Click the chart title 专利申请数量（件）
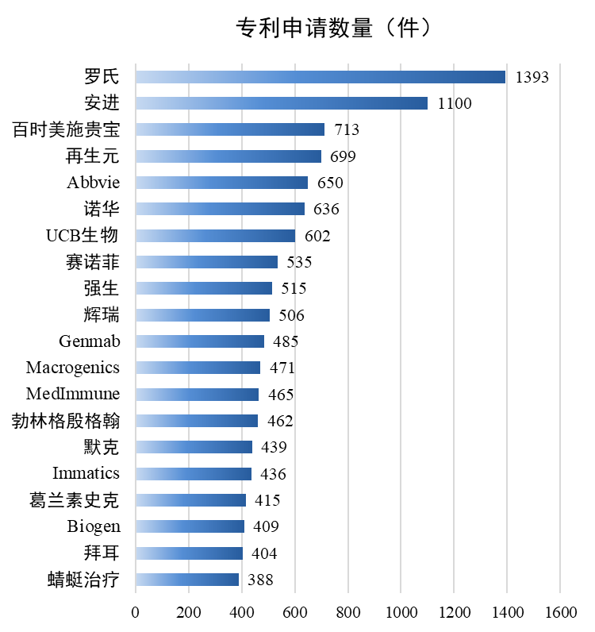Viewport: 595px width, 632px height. click(x=334, y=29)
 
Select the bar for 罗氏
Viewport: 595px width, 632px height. click(x=320, y=77)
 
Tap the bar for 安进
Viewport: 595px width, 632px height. click(x=281, y=103)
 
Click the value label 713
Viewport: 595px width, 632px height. click(x=346, y=129)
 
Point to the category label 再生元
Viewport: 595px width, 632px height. click(x=101, y=156)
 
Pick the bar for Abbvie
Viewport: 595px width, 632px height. click(x=221, y=183)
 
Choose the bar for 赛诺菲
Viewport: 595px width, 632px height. click(x=206, y=262)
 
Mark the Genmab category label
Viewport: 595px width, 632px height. click(x=89, y=341)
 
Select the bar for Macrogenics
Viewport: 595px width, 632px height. click(x=198, y=368)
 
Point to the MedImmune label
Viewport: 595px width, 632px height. click(x=73, y=394)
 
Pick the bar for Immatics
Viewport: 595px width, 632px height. click(x=193, y=474)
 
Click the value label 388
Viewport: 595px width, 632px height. click(x=260, y=580)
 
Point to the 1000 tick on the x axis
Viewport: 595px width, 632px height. click(x=401, y=612)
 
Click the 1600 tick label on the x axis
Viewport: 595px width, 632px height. click(x=560, y=612)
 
